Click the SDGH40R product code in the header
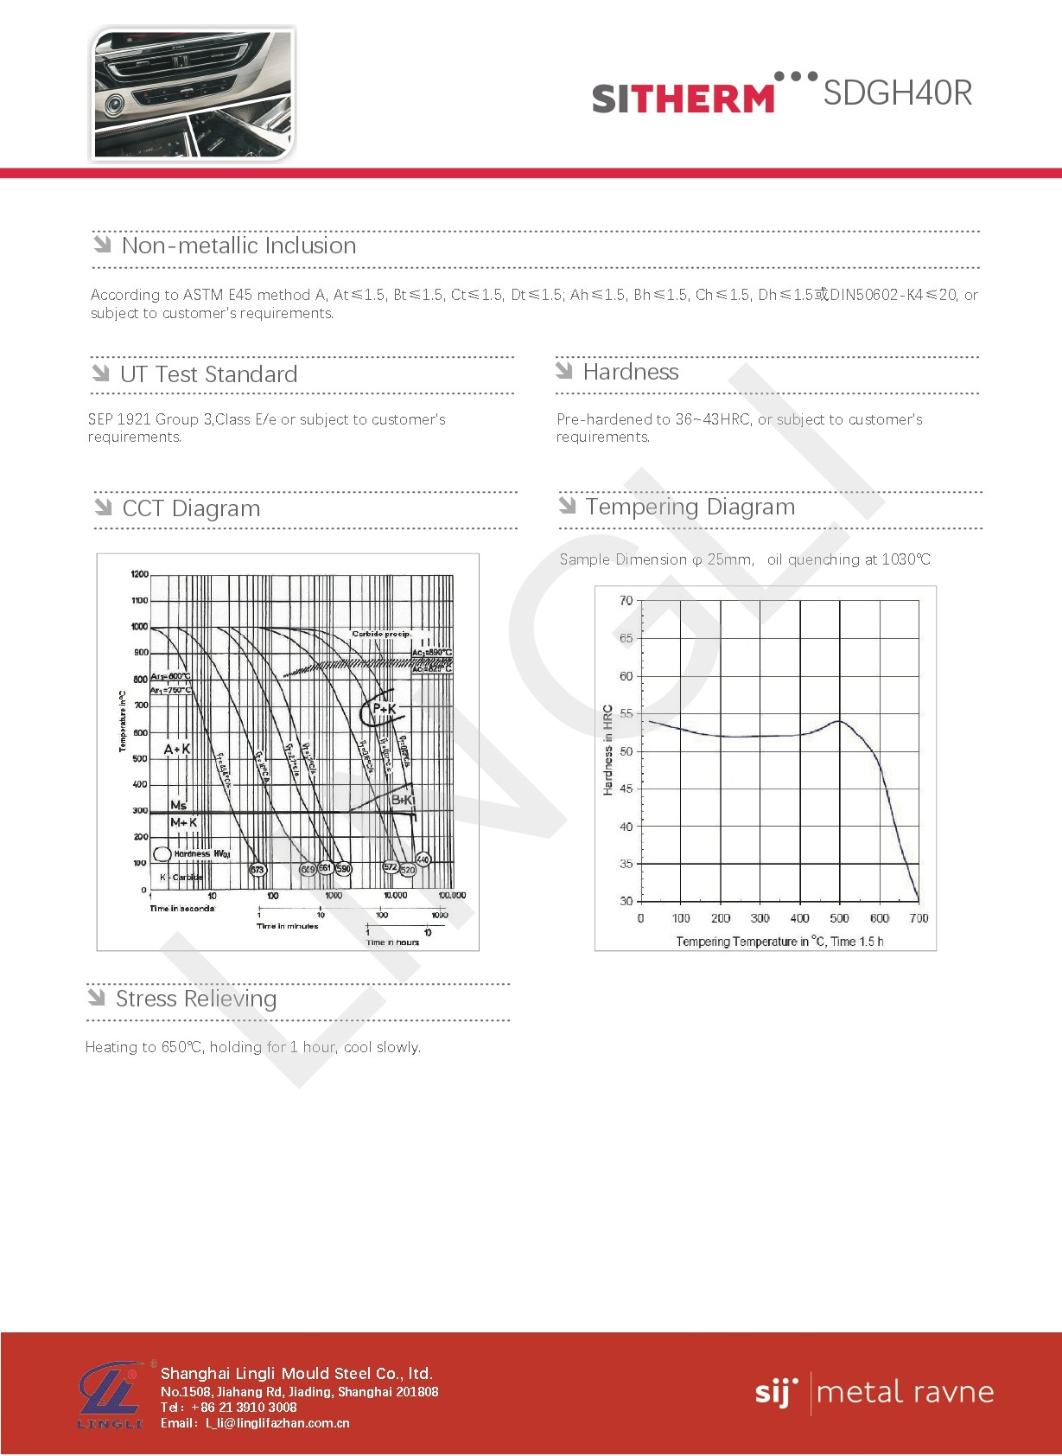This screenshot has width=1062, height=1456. point(897,93)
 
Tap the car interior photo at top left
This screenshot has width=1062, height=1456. point(193,94)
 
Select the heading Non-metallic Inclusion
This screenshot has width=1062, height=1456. point(238,246)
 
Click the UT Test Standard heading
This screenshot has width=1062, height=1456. point(208,374)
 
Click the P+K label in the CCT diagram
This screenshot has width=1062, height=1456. point(384,709)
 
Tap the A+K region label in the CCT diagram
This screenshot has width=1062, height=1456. point(177,749)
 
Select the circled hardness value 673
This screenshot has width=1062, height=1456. point(258,869)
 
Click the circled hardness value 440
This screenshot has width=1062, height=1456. point(423,859)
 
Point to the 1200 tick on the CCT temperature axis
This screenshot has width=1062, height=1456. point(139,574)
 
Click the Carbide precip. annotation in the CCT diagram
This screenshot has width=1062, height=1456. point(381,634)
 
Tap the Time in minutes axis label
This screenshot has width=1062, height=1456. point(287,926)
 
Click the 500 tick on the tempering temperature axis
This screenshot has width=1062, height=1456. point(839,918)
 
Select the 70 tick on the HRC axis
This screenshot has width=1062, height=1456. point(626,600)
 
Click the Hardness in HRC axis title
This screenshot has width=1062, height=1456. point(607,750)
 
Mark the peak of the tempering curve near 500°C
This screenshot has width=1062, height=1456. point(839,721)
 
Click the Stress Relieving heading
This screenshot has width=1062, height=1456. point(196,999)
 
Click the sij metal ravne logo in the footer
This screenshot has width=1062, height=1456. point(874,1393)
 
